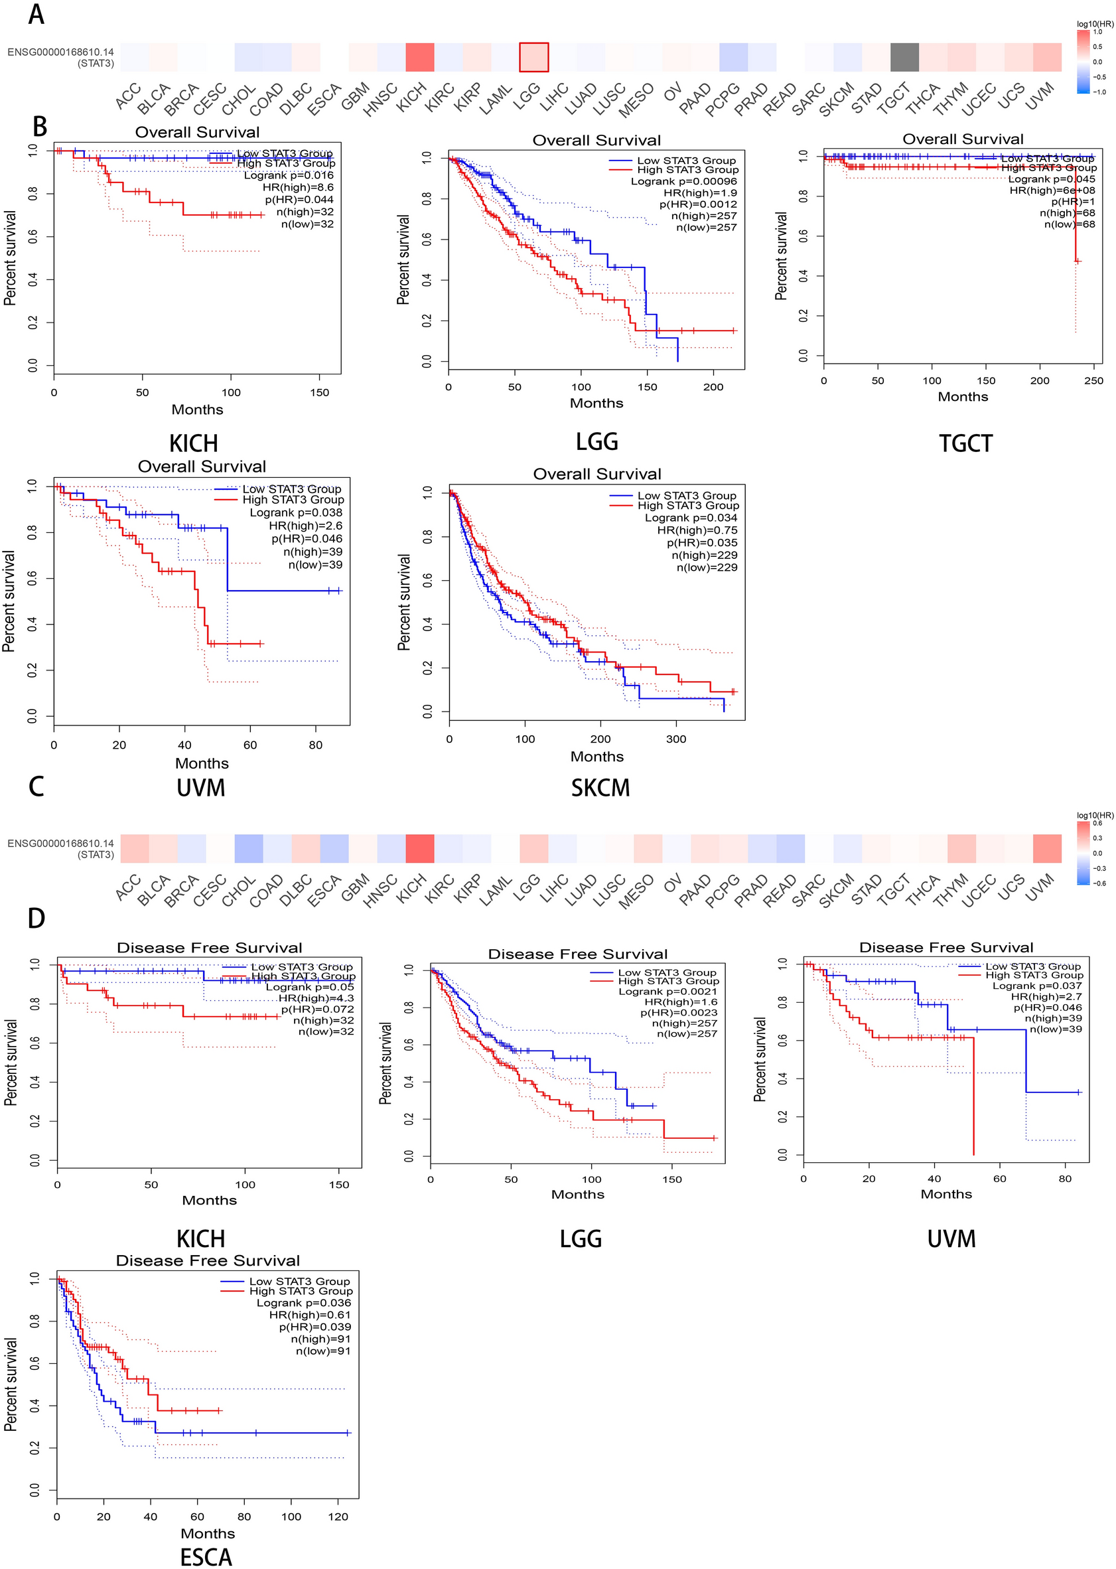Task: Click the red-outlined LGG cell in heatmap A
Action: [x=533, y=57]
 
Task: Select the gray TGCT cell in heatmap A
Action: [x=904, y=57]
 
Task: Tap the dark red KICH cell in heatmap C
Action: [x=420, y=848]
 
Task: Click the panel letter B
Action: [x=40, y=127]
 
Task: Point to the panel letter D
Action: [x=36, y=918]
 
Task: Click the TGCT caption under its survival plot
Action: [x=965, y=443]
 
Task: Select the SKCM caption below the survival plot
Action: [x=600, y=788]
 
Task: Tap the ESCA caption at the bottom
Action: [x=206, y=1556]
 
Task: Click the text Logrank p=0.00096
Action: [x=684, y=181]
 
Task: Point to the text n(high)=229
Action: [x=705, y=556]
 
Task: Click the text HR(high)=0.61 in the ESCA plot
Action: [x=310, y=1315]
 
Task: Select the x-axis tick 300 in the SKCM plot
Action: [x=676, y=739]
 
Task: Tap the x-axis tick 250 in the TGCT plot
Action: [x=1093, y=381]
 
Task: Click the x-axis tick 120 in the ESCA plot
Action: [x=338, y=1517]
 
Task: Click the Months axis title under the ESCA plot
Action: [x=208, y=1534]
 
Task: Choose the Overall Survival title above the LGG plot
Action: [x=596, y=140]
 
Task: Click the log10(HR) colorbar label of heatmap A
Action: [x=1095, y=24]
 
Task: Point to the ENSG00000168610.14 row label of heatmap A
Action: [x=60, y=52]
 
